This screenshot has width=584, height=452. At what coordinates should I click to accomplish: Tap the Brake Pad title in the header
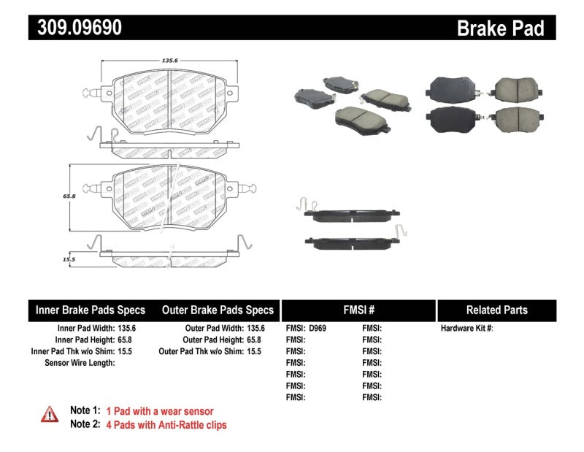(x=500, y=28)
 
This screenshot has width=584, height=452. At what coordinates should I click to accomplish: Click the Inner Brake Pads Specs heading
(x=91, y=310)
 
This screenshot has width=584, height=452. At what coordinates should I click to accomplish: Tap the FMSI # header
(x=358, y=310)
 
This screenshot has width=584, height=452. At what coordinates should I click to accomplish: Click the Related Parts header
(x=496, y=310)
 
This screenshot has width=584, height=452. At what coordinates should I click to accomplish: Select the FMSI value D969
(x=317, y=328)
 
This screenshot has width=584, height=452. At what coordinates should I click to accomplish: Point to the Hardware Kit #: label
(x=467, y=328)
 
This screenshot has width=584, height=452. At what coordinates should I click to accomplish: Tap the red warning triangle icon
(x=50, y=414)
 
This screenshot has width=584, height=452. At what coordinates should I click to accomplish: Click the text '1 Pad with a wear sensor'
(x=160, y=411)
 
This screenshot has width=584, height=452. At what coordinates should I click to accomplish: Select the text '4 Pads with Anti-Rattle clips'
(x=166, y=425)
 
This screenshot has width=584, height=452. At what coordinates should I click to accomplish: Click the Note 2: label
(x=85, y=425)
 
